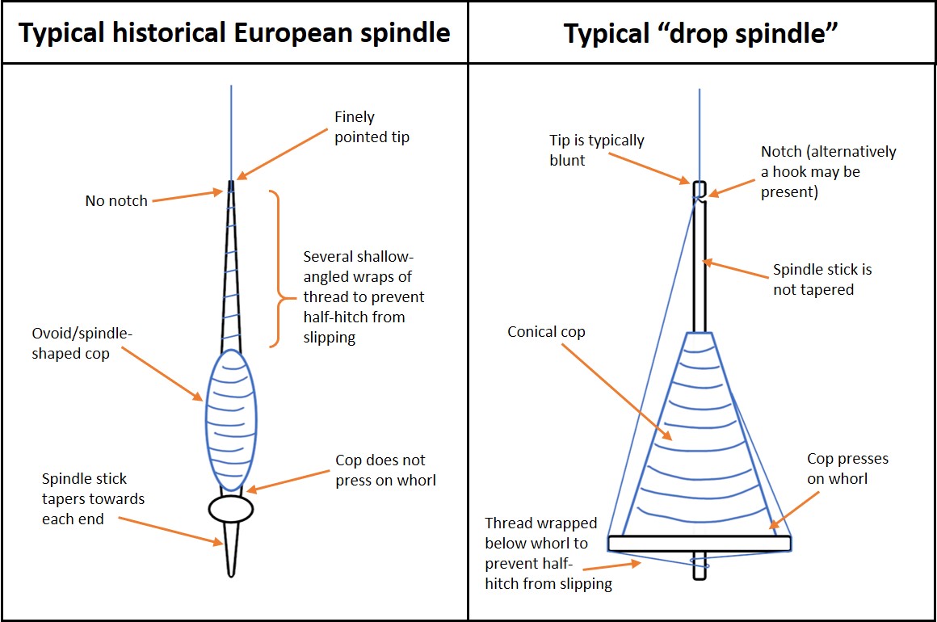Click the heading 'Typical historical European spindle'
[x=234, y=33]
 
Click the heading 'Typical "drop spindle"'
[x=701, y=33]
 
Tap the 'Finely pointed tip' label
[x=372, y=128]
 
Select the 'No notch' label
[x=116, y=201]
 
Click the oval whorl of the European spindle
[x=231, y=508]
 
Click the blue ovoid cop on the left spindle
[x=231, y=420]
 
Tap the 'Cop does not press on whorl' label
[x=385, y=470]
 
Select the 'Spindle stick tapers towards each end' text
[x=93, y=499]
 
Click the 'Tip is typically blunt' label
[x=597, y=150]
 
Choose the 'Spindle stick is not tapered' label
[x=822, y=279]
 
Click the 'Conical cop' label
[x=546, y=332]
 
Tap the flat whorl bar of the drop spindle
[x=700, y=543]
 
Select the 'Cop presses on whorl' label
[x=847, y=469]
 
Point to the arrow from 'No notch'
[x=187, y=195]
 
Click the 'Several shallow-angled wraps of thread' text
[x=363, y=296]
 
